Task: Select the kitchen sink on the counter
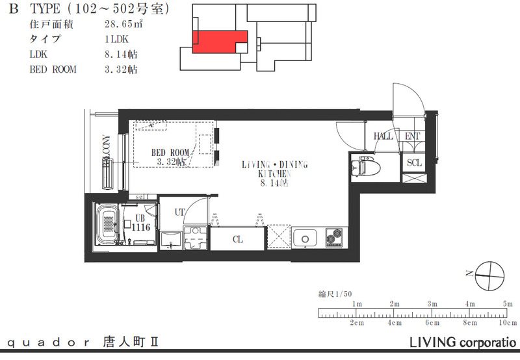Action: pos(303,238)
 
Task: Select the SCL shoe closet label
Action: pos(414,162)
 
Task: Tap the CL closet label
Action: pos(238,239)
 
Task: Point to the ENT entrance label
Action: pos(412,136)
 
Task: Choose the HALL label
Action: pos(383,136)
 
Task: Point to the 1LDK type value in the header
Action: pos(116,40)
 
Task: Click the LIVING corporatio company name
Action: pos(463,342)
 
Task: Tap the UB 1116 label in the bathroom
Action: pos(141,223)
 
